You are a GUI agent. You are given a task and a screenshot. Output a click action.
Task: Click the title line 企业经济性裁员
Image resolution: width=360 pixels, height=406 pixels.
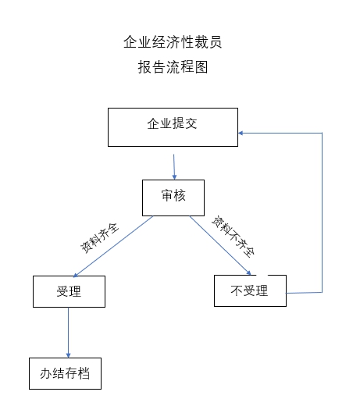[173, 42]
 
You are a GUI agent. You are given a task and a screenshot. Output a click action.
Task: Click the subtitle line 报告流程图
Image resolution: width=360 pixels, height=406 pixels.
[173, 67]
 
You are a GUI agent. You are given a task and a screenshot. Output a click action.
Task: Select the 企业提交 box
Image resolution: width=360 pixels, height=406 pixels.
[173, 127]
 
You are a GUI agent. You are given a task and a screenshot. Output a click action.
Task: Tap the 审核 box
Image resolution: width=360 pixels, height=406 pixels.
[173, 198]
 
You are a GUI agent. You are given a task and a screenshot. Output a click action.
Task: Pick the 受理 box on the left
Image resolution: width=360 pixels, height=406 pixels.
[69, 291]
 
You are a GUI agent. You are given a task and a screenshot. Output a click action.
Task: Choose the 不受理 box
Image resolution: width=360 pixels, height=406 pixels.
[250, 290]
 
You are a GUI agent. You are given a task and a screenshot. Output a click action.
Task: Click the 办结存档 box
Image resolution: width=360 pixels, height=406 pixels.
[65, 373]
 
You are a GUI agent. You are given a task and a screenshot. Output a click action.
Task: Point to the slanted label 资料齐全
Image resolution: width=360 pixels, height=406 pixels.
[99, 237]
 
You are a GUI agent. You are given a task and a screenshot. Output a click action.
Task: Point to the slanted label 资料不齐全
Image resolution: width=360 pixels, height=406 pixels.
[233, 237]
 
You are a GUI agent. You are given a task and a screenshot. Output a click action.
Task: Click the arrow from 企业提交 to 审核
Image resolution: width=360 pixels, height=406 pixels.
[174, 167]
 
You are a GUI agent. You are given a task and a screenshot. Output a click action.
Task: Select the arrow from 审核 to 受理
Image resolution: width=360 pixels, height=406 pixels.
[113, 247]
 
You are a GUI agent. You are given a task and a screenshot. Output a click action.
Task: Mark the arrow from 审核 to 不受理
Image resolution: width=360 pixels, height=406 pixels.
[220, 245]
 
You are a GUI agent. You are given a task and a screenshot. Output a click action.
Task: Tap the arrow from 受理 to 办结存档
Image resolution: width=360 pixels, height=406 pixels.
[69, 333]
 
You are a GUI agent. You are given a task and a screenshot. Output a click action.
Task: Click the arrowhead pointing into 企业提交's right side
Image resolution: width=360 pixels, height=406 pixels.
[241, 133]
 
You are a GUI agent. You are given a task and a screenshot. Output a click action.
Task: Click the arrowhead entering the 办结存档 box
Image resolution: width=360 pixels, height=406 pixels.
[69, 355]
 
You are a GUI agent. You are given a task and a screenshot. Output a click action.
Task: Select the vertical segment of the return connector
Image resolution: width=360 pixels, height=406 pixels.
[323, 212]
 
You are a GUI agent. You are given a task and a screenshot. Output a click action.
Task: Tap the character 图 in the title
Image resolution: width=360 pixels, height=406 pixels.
[201, 67]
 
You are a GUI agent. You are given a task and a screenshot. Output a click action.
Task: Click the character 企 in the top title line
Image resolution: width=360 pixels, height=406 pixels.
[130, 42]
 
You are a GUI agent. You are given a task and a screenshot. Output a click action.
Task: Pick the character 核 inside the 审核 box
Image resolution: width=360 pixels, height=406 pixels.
[180, 195]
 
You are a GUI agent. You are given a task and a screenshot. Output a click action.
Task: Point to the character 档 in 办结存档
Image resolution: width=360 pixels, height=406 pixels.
[84, 373]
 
